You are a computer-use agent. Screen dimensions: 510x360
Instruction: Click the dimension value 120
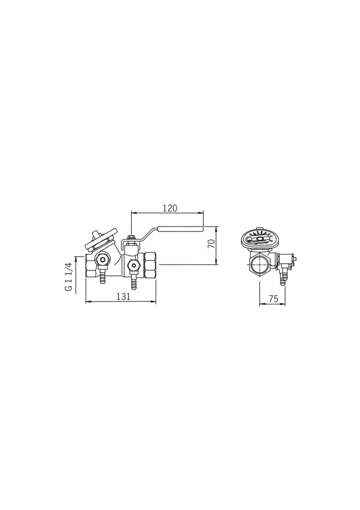pyautogui.click(x=170, y=208)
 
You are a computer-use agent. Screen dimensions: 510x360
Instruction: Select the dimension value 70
pyautogui.click(x=212, y=244)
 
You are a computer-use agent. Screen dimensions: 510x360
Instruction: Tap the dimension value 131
pyautogui.click(x=123, y=297)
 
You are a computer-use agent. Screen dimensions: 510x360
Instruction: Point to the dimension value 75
pyautogui.click(x=273, y=298)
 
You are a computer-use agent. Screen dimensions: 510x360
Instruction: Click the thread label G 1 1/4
pyautogui.click(x=69, y=277)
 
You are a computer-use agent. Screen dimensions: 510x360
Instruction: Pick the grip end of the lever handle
pyautogui.click(x=180, y=229)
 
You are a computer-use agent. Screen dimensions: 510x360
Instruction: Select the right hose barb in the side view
pyautogui.click(x=134, y=282)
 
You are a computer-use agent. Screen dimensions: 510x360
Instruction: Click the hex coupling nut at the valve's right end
pyautogui.click(x=150, y=265)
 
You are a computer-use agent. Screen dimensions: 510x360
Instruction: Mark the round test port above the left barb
pyautogui.click(x=103, y=259)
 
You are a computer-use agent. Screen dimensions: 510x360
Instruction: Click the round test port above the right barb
pyautogui.click(x=134, y=265)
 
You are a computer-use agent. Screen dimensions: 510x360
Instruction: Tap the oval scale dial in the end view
pyautogui.click(x=260, y=239)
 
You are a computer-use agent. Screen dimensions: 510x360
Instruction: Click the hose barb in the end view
pyautogui.click(x=283, y=279)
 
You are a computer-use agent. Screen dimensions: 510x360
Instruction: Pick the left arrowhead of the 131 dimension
pyautogui.click(x=87, y=301)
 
